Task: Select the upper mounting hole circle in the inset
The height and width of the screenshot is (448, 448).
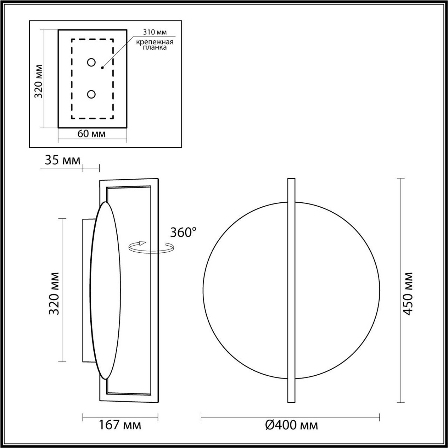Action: click(91, 62)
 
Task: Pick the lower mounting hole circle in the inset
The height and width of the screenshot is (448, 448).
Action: click(91, 94)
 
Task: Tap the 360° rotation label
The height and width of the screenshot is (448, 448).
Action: click(183, 232)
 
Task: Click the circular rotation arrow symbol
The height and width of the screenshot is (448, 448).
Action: click(151, 247)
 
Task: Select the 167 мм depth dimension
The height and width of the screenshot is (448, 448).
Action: click(120, 425)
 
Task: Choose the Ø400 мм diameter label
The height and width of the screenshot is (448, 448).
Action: click(291, 425)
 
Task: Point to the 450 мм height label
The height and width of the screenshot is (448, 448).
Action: click(408, 293)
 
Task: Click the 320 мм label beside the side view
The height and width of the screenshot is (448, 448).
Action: click(55, 293)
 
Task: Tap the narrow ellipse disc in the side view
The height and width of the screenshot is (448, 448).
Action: click(105, 290)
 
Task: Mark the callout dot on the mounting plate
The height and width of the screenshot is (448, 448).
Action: click(102, 68)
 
